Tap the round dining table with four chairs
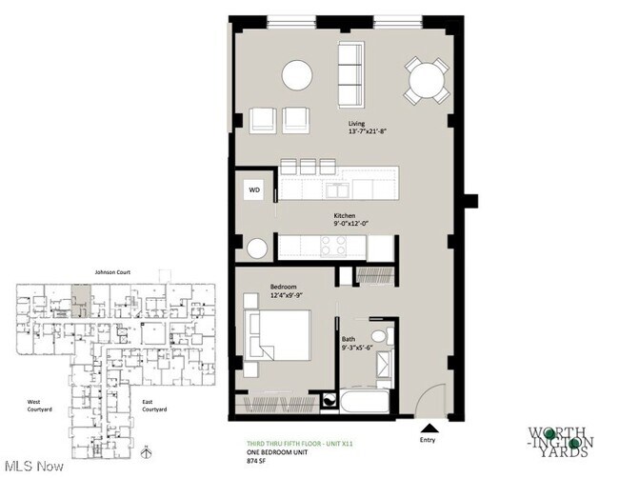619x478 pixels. (x=426, y=80)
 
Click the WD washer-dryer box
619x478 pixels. (x=254, y=189)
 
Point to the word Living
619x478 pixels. (x=357, y=124)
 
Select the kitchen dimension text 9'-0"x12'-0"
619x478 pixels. (x=351, y=225)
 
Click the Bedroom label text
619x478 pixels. (x=283, y=287)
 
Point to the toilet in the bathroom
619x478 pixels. (x=379, y=337)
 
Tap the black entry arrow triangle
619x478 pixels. (x=430, y=428)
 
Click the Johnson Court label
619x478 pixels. (x=111, y=271)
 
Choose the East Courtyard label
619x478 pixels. (x=154, y=406)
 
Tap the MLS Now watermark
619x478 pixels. (x=33, y=467)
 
